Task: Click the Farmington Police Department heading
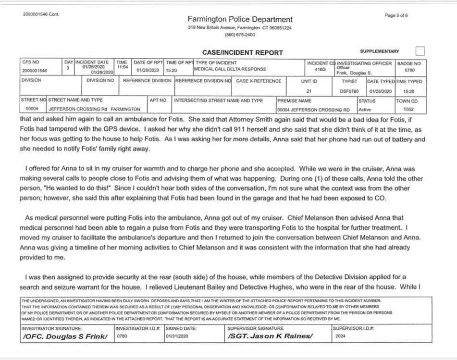click(x=240, y=20)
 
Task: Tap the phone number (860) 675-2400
click(x=240, y=35)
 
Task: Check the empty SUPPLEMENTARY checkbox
click(x=420, y=51)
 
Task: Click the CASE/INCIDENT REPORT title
click(x=243, y=53)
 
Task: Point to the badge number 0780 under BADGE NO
click(x=409, y=70)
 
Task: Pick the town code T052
click(x=408, y=109)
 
